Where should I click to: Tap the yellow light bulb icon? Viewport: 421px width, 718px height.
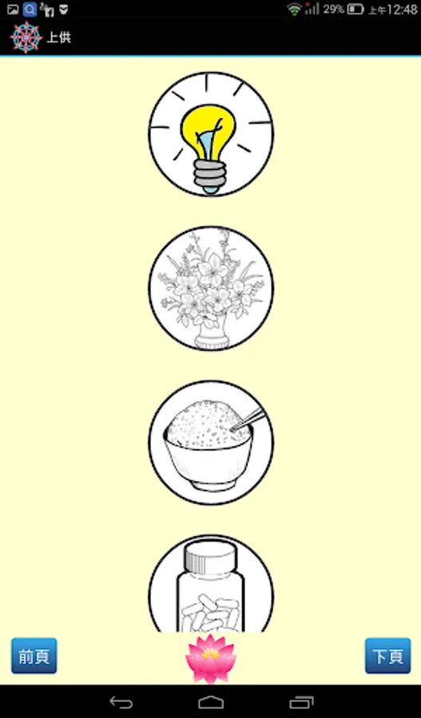coord(211,134)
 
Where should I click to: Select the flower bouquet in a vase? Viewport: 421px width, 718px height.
coord(211,289)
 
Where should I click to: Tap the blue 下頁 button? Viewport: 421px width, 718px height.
coord(388,656)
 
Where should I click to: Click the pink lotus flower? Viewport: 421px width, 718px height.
coord(211,658)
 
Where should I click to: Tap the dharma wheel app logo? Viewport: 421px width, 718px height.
coord(26,37)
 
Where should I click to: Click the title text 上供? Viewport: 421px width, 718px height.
coord(58,37)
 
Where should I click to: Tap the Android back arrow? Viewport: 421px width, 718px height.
coord(121,702)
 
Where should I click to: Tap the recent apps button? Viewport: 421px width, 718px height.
coord(301,702)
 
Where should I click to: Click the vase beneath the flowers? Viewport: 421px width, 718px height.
coord(212,337)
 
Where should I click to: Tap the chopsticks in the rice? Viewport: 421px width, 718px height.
coord(249,420)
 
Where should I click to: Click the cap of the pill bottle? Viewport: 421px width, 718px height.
coord(211,556)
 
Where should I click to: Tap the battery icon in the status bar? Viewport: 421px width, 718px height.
coord(355,9)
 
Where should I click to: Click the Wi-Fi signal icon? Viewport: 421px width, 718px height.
coord(295,9)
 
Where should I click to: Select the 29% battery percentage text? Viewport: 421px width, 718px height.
coord(333,9)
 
